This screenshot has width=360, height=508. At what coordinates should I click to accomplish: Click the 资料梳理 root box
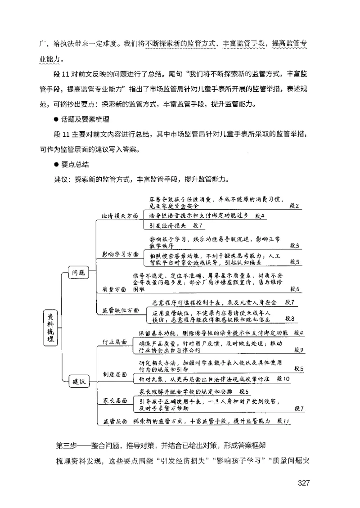coord(50,328)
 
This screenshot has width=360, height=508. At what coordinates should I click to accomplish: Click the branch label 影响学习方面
coord(120,254)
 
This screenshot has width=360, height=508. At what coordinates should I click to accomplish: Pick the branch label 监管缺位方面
coord(121,310)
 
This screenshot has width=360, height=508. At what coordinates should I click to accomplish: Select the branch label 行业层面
coord(114,342)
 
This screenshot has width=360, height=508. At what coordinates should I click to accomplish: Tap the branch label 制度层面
coord(114,374)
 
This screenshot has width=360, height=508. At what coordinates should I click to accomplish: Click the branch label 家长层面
coord(114,400)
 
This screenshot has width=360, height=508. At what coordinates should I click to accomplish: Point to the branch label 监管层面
coord(114,421)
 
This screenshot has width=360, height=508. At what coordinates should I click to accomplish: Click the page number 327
coord(304,484)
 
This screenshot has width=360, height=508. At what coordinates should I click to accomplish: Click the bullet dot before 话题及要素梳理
coord(56,119)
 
